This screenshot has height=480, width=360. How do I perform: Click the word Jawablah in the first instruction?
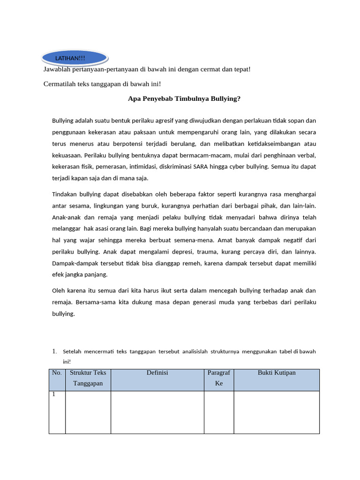[57, 69]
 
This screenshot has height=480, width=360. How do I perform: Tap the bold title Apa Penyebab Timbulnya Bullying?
[184, 99]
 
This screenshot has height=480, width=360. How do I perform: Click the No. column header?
[57, 373]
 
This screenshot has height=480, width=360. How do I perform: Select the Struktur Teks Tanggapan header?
[88, 378]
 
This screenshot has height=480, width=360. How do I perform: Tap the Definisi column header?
[157, 373]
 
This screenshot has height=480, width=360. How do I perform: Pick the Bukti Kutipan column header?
[277, 373]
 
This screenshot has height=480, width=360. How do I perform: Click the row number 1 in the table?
[54, 395]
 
